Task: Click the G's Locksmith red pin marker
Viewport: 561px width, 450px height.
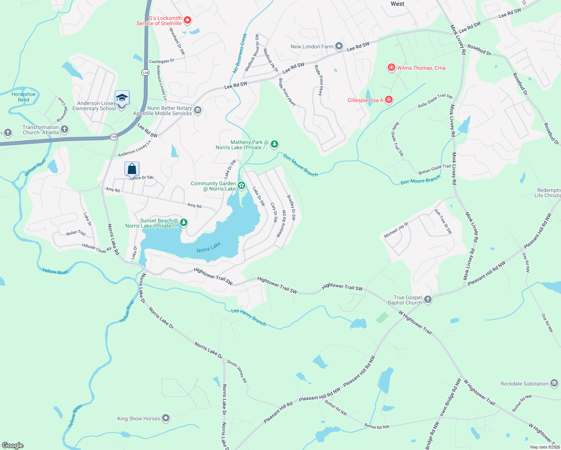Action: (187, 20)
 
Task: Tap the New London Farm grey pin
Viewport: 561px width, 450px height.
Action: (339, 46)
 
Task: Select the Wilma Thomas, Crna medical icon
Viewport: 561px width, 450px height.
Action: (391, 67)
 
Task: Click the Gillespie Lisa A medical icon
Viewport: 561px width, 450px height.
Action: (389, 100)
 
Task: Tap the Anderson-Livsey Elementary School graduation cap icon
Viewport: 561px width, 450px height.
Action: (122, 98)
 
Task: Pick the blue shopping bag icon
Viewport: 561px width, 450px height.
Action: (132, 169)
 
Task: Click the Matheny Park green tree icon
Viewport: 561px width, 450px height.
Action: (274, 144)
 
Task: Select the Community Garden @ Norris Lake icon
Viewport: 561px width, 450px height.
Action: (241, 185)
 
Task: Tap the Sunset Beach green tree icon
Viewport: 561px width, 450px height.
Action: (183, 223)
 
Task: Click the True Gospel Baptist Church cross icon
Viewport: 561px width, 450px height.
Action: (428, 299)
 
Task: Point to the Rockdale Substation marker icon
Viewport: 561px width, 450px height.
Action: (554, 383)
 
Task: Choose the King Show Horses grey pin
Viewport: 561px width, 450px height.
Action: (166, 418)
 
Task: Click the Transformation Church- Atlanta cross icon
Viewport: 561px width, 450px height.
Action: (64, 129)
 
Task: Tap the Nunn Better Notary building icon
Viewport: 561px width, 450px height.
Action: (198, 110)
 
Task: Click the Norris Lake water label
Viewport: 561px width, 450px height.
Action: (208, 247)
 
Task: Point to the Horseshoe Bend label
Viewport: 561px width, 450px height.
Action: (24, 97)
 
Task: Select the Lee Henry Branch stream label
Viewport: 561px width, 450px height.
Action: (249, 317)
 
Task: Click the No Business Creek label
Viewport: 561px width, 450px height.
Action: (240, 53)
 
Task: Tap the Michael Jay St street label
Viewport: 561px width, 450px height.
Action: (396, 230)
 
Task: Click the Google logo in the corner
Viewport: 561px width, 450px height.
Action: (13, 445)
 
